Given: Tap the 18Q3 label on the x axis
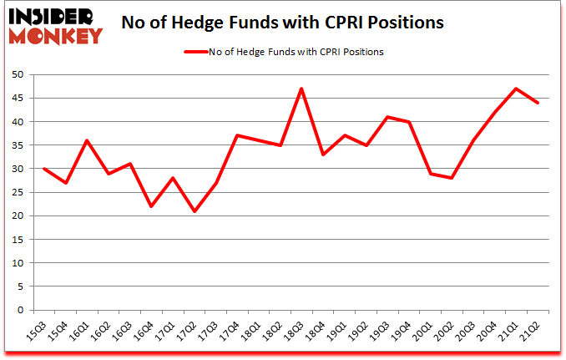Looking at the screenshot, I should click(301, 328).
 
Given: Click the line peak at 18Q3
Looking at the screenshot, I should click(301, 89).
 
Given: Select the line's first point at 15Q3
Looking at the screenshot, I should click(43, 169).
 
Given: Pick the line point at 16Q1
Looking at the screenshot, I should click(86, 140).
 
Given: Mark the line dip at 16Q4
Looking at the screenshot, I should click(151, 206).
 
